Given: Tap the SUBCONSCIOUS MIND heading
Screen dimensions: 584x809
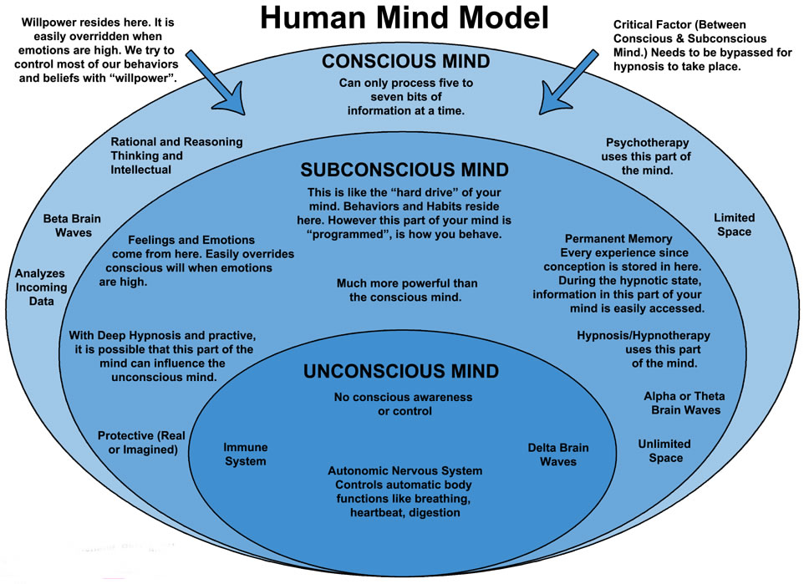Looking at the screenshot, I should tap(404, 170).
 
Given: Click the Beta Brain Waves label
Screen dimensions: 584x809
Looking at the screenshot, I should tap(73, 226).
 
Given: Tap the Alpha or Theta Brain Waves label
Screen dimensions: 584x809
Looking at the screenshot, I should tap(684, 403).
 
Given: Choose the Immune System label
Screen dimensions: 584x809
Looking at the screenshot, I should tap(245, 454).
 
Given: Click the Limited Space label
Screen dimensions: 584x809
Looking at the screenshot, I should tap(733, 224).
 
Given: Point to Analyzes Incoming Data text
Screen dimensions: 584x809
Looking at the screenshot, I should tap(41, 287).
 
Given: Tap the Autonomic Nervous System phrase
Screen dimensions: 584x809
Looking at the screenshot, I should tap(404, 470).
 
